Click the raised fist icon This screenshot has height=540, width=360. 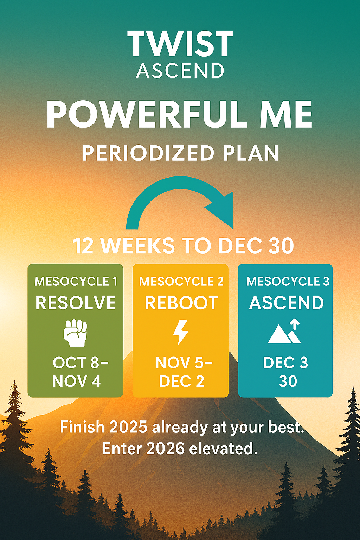(76, 333)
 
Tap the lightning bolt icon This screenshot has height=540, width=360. (181, 332)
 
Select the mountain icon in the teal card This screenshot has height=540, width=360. (284, 331)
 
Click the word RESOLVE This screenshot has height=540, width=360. (76, 303)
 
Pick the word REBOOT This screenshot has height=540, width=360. (181, 303)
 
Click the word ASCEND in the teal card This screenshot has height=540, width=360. (286, 303)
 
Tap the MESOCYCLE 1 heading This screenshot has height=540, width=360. (76, 282)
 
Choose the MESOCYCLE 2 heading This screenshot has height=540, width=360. (181, 282)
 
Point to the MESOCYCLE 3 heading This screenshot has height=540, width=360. (288, 282)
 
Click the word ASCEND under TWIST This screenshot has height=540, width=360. (180, 71)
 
